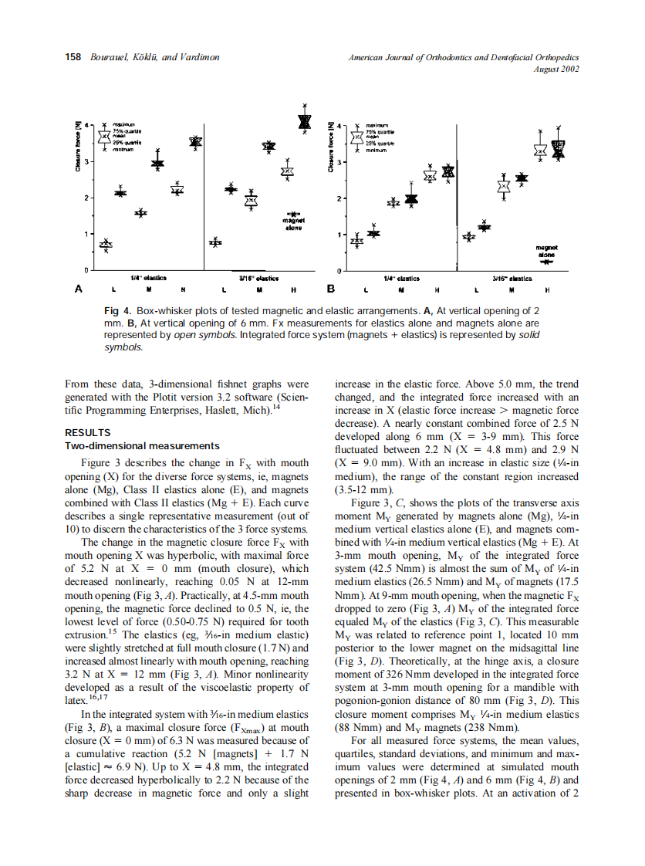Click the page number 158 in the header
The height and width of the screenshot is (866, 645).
72,57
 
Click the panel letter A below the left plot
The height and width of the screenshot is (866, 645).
77,289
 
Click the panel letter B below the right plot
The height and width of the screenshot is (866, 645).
330,289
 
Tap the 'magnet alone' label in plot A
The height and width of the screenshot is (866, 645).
293,224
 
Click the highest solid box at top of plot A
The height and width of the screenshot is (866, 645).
305,121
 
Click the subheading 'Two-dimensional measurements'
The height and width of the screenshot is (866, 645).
142,445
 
